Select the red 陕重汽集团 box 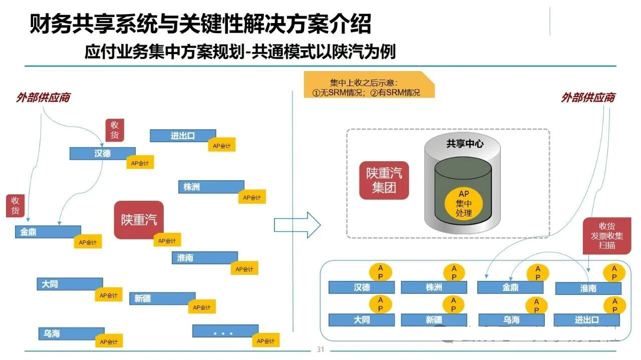tap(384, 180)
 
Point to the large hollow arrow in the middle tap(297, 225)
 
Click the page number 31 tap(320, 349)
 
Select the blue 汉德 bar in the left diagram tap(102, 153)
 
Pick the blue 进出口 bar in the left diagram tap(182, 135)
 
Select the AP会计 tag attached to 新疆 tap(202, 307)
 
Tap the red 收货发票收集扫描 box tap(606, 235)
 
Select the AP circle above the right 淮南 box tap(614, 273)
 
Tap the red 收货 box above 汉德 tap(114, 130)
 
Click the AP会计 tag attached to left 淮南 tap(244, 268)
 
